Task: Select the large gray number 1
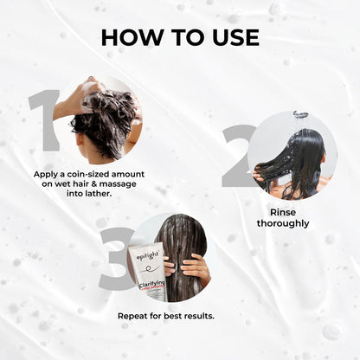pos(44,120)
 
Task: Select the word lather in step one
pos(99,193)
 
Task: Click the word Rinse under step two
pos(283,212)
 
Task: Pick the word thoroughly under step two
pos(283,223)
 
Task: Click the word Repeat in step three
pos(132,316)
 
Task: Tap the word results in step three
pos(199,316)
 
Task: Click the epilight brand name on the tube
pos(149,255)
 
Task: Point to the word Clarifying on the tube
pos(153,282)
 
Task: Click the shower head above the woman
pos(300,114)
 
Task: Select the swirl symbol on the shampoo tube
pos(150,269)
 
